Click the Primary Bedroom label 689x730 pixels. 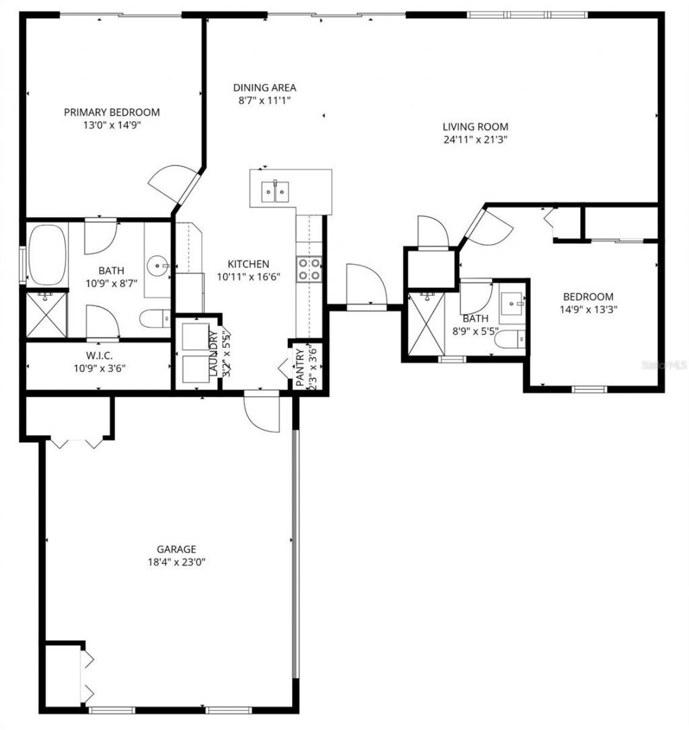tap(112, 112)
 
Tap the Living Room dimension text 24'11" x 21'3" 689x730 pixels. tap(475, 140)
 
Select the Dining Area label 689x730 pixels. tap(264, 87)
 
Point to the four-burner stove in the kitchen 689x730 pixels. tap(310, 269)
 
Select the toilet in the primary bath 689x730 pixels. tap(157, 318)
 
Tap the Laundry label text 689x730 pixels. tap(213, 352)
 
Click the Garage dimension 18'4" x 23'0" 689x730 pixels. tap(176, 562)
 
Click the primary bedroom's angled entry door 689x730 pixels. tap(173, 184)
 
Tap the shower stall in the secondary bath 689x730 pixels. tap(426, 323)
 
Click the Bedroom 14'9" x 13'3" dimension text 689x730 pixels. tap(588, 309)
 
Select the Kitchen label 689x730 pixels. tap(248, 264)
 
